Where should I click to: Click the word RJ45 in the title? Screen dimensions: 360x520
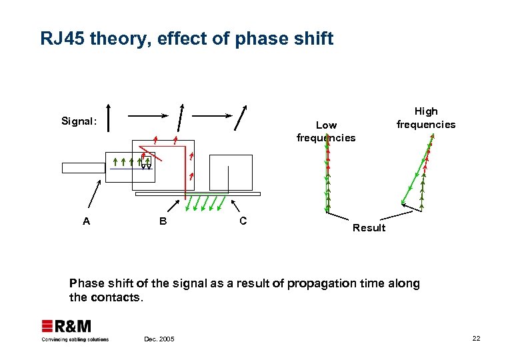pos(62,39)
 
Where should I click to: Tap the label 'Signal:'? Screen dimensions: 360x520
pos(79,121)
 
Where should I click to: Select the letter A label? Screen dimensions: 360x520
pos(86,221)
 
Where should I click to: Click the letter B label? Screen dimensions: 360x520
pos(163,221)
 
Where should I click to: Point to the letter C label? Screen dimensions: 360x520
pos(243,221)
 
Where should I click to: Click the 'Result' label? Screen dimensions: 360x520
pos(369,228)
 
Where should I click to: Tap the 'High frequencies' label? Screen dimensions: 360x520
pos(426,118)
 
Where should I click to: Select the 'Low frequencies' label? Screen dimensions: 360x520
pos(326,131)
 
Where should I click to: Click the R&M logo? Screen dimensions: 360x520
pos(67,326)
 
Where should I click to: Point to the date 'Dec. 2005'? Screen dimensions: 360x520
pos(159,339)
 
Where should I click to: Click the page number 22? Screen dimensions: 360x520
pos(476,339)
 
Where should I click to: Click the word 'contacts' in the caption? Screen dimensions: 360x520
pos(119,297)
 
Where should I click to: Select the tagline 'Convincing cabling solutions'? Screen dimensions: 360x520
pos(75,339)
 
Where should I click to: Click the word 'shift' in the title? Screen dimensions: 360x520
pos(312,39)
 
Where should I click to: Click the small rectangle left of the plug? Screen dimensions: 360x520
pos(83,167)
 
